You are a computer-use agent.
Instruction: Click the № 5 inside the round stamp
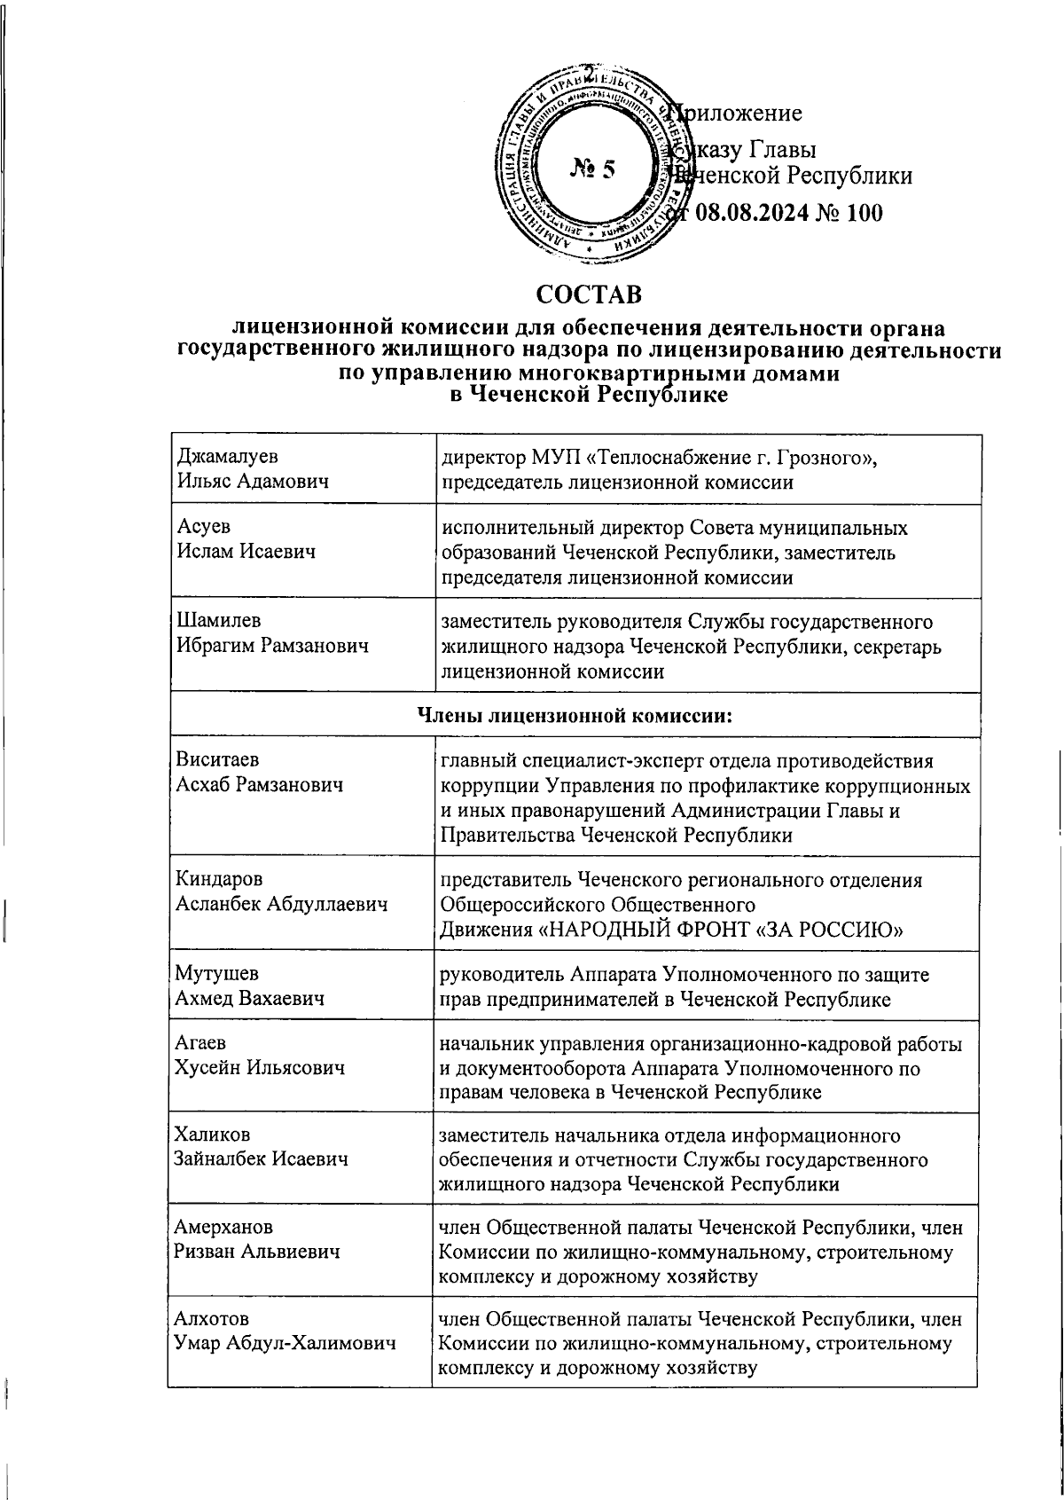pyautogui.click(x=592, y=169)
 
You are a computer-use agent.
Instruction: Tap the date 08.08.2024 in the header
pyautogui.click(x=752, y=212)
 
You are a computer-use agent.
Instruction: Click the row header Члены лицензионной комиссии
pyautogui.click(x=575, y=715)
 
